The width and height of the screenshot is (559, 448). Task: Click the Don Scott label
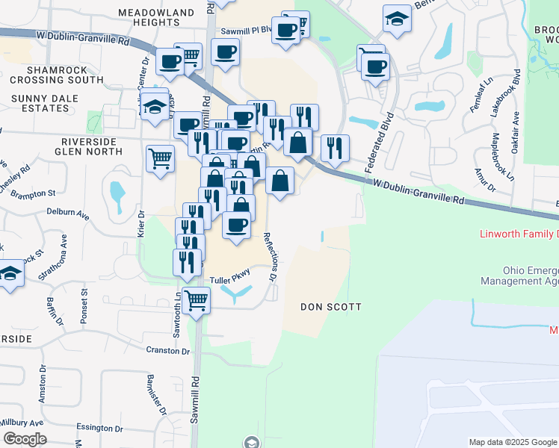330,307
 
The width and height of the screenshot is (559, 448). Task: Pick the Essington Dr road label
99,428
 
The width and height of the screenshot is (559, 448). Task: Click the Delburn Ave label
68,214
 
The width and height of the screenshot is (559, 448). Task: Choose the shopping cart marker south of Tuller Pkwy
196,301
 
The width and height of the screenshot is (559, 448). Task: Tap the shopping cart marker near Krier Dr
160,158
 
